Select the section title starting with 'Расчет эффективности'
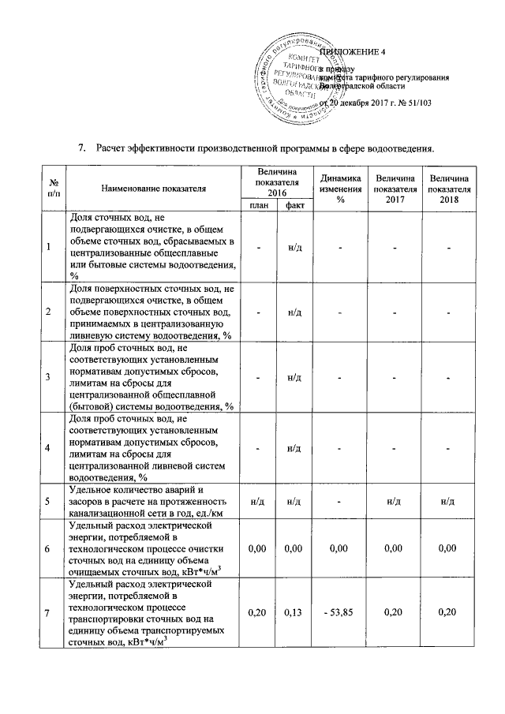(x=265, y=148)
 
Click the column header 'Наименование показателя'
(x=153, y=189)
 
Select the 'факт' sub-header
(x=295, y=204)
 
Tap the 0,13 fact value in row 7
(x=295, y=611)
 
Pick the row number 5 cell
(x=49, y=500)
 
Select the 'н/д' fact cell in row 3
(x=295, y=377)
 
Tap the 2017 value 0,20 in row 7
(x=395, y=611)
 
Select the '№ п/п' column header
(x=49, y=189)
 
